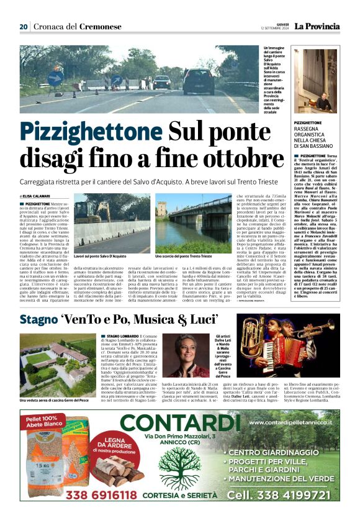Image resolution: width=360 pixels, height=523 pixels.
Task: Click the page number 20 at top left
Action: point(24,27)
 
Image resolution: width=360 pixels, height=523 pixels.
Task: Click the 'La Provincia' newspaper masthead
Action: point(317,26)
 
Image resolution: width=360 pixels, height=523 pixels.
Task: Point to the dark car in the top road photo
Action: point(198,81)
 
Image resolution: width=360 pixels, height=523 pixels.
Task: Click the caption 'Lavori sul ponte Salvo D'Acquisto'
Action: point(100,256)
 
